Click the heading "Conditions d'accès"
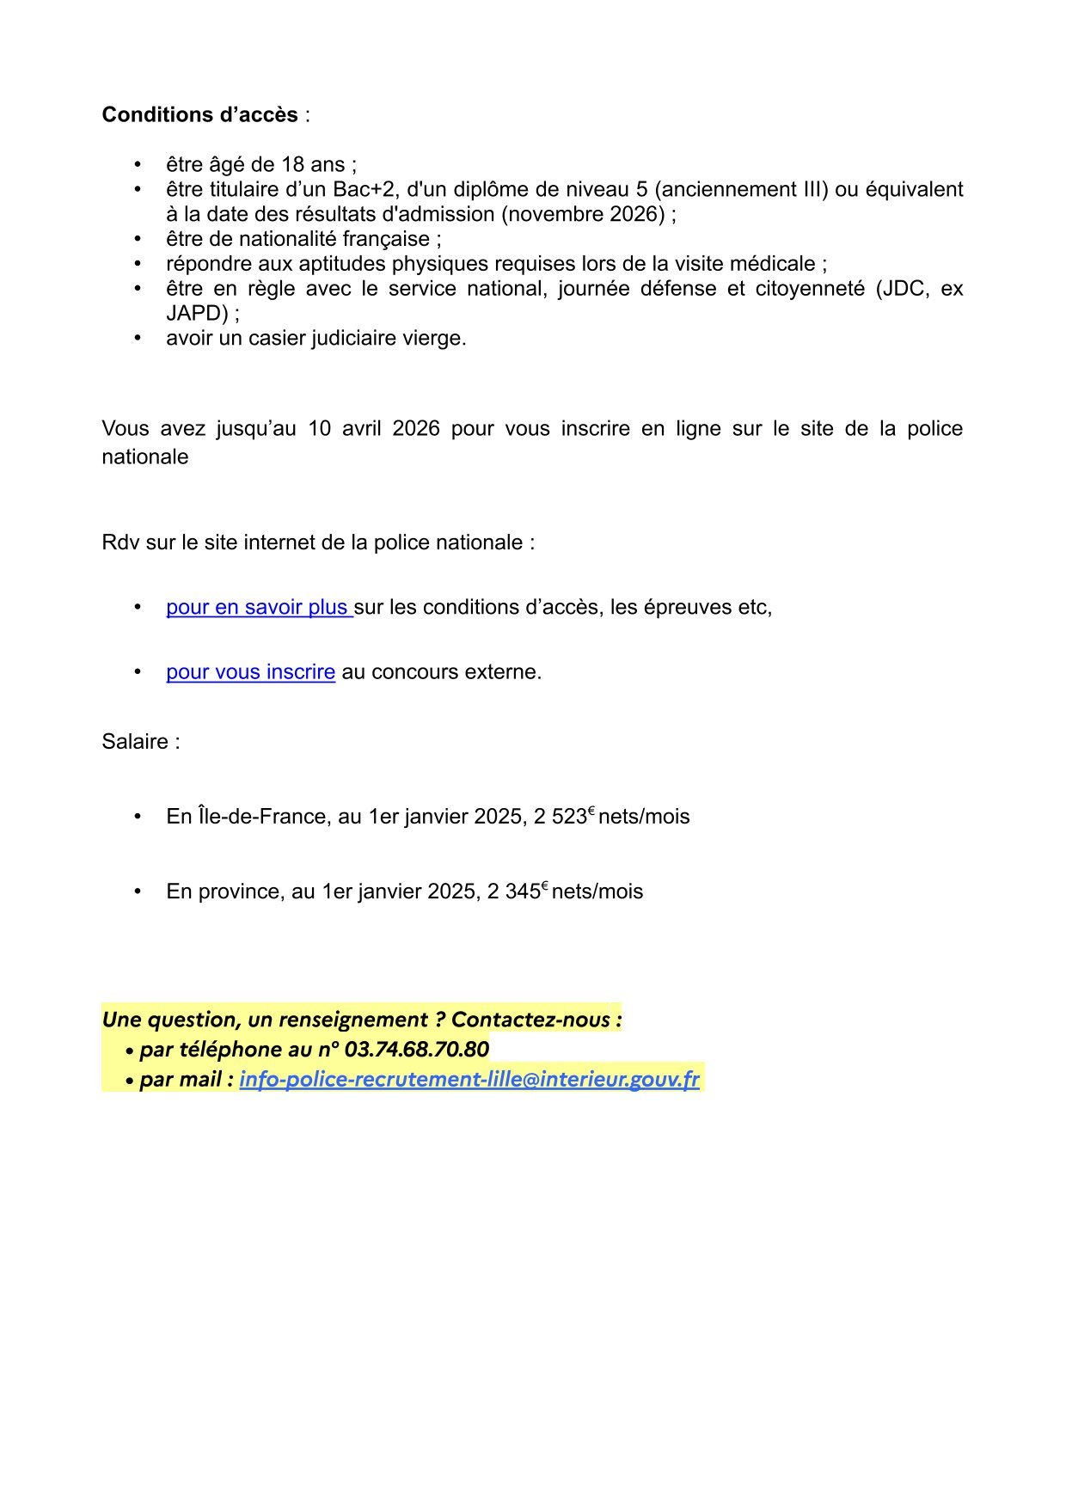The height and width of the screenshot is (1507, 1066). coord(199,115)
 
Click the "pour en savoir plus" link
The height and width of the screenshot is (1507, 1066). coord(257,607)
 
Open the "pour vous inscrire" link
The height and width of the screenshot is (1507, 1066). coord(250,671)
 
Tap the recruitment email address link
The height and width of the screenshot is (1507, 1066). coord(469,1079)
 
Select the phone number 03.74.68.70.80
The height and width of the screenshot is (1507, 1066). coord(416,1049)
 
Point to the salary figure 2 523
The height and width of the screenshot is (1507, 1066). coord(560,817)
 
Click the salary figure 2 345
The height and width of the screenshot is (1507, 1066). coord(513,891)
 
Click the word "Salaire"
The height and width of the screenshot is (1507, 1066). coord(135,742)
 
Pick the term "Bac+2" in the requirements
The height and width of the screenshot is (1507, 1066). coord(365,189)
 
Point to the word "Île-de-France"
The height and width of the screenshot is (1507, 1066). coord(246,817)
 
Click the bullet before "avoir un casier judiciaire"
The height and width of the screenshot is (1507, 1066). coord(138,338)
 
